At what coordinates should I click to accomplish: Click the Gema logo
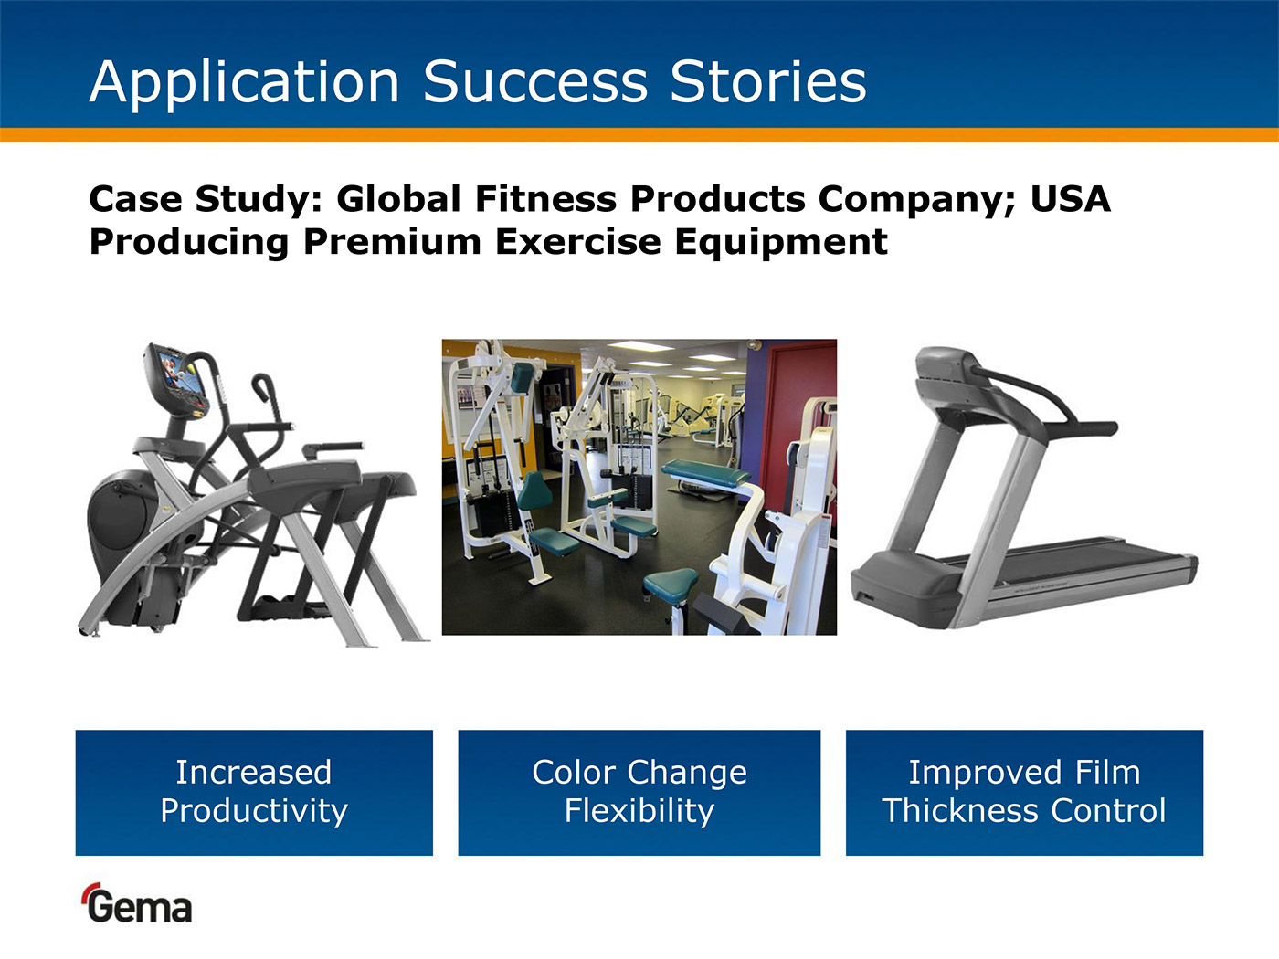click(137, 903)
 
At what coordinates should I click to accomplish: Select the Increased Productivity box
click(254, 793)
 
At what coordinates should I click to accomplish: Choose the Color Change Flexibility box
click(639, 793)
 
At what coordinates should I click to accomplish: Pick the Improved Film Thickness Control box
click(1024, 793)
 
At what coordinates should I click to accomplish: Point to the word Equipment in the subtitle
click(781, 242)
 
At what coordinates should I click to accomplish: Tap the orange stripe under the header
click(639, 134)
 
